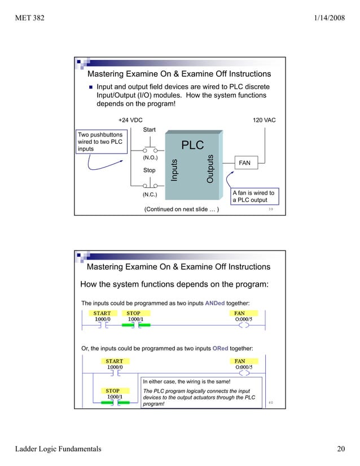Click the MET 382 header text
30,19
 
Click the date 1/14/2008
328,19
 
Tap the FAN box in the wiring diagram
244,163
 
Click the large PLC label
192,145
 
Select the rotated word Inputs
175,171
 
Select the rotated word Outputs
210,169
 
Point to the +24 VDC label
131,120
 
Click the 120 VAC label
264,120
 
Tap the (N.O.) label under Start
150,158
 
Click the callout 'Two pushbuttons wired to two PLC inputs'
100,142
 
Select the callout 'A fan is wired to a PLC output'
254,196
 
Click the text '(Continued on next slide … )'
182,210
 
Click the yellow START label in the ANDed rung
102,313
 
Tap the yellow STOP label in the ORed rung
113,390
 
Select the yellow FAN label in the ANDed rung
240,313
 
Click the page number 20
340,449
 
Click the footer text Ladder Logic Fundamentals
58,449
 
